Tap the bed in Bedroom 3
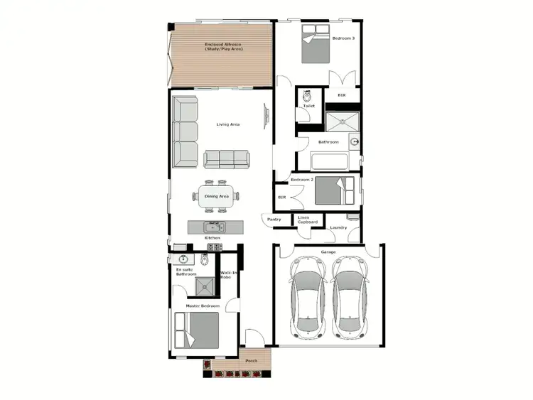pos(315,45)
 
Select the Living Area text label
pos(228,124)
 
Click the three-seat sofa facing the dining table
pos(227,159)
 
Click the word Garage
pos(328,252)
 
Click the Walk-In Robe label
pos(229,275)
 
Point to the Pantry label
pos(274,220)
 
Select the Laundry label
pos(338,227)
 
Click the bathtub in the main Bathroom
pos(329,161)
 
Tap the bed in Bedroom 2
pos(334,191)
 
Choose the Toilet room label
pos(308,107)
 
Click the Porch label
pos(251,361)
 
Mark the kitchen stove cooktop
pos(215,247)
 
